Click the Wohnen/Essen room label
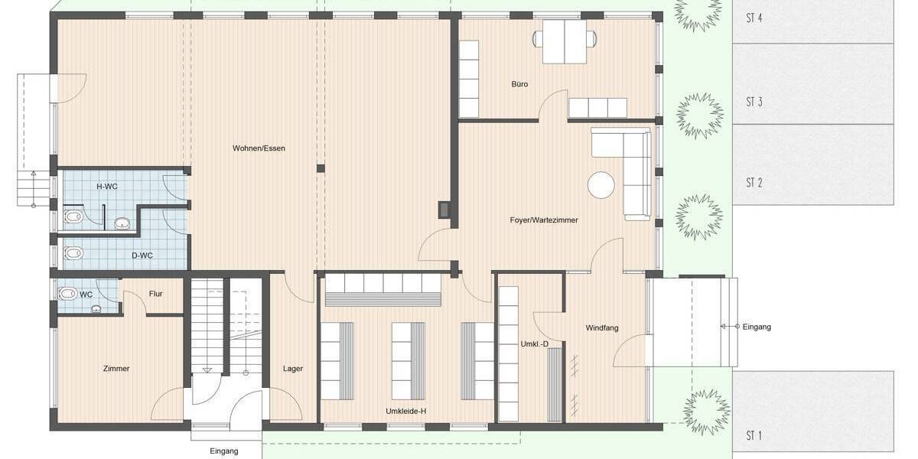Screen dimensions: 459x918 pos(259,148)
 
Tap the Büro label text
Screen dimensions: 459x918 pos(519,84)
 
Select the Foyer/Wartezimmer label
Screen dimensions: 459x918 pos(544,220)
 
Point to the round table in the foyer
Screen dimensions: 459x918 pos(601,184)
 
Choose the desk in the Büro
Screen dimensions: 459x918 pos(565,41)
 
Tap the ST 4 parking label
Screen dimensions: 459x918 pos(754,18)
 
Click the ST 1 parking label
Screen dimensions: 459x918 pos(754,436)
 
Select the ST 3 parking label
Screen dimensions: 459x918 pos(754,102)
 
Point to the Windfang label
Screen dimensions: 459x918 pos(602,328)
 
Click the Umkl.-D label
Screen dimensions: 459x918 pos(534,344)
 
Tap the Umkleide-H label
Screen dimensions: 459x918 pos(405,412)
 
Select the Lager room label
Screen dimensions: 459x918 pos(292,369)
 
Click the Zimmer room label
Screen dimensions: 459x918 pos(116,369)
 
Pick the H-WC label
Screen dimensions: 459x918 pos(106,187)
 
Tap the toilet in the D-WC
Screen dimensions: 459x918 pos(73,253)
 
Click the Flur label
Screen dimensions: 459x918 pos(155,294)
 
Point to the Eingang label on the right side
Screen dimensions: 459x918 pos(757,327)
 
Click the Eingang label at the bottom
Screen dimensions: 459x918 pos(224,451)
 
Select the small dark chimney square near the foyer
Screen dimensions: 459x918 pos(444,209)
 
